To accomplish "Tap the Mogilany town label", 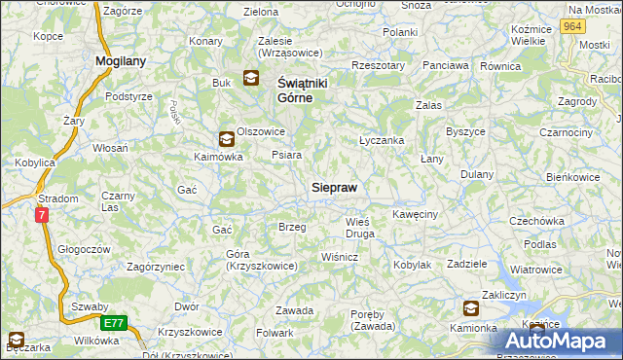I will pos(120,60).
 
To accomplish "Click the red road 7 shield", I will pos(42,216).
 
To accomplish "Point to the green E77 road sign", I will pos(113,321).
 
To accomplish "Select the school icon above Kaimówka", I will pos(226,139).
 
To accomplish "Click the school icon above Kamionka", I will pos(471,309).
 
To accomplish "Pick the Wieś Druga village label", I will pos(360,228).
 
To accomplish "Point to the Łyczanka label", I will pos(382,140).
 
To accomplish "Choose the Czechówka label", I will pos(537,221).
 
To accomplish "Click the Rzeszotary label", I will pos(379,65).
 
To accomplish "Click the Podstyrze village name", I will pos(128,96).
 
